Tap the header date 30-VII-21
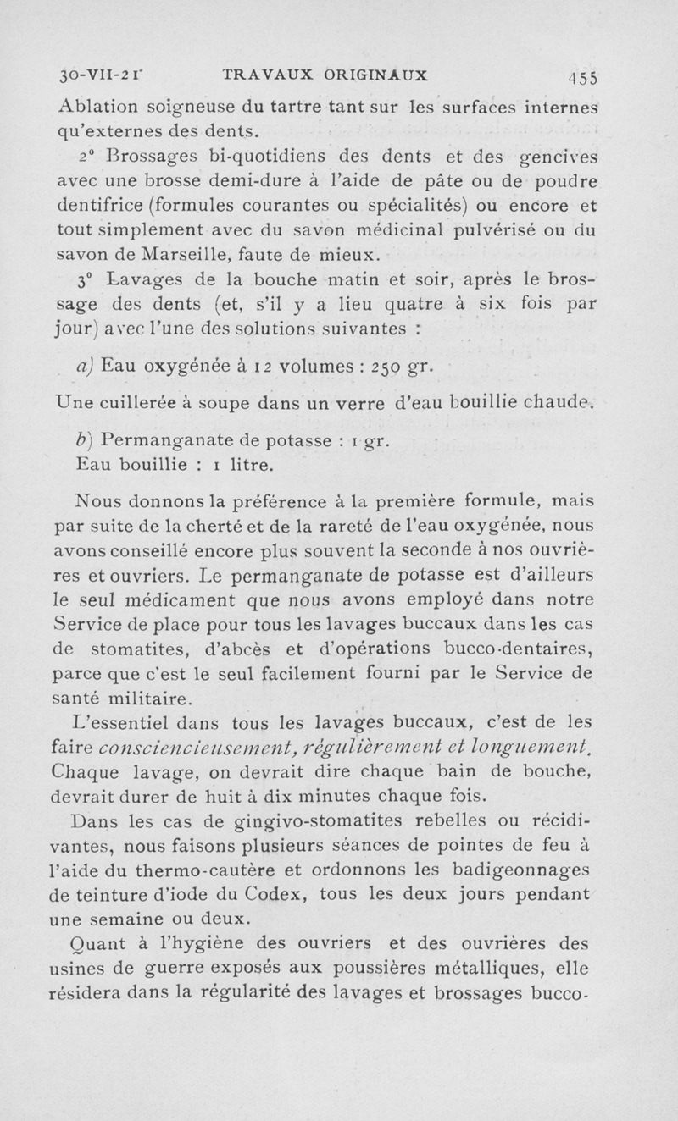tap(93, 75)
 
